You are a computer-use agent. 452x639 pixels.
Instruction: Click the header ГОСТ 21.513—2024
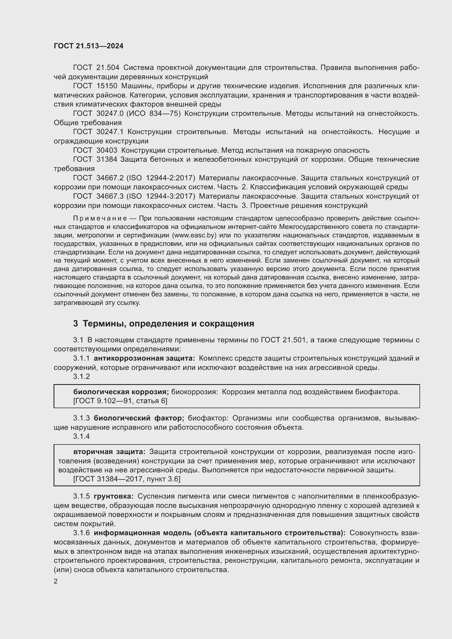(x=89, y=46)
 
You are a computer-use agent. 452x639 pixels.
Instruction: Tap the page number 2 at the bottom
(x=56, y=581)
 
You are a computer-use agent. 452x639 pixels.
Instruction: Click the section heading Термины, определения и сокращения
(x=168, y=324)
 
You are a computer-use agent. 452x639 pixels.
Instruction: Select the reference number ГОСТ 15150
(x=95, y=86)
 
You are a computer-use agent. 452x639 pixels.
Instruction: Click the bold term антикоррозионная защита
(x=144, y=358)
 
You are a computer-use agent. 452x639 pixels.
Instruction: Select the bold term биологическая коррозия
(x=121, y=392)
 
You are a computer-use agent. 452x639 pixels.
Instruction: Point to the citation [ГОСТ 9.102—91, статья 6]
(x=120, y=401)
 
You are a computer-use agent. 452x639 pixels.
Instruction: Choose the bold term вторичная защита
(x=109, y=452)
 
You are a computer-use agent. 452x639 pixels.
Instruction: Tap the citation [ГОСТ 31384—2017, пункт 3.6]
(x=127, y=479)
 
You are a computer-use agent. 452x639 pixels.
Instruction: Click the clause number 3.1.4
(x=81, y=436)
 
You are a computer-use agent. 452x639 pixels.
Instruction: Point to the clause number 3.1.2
(x=81, y=376)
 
